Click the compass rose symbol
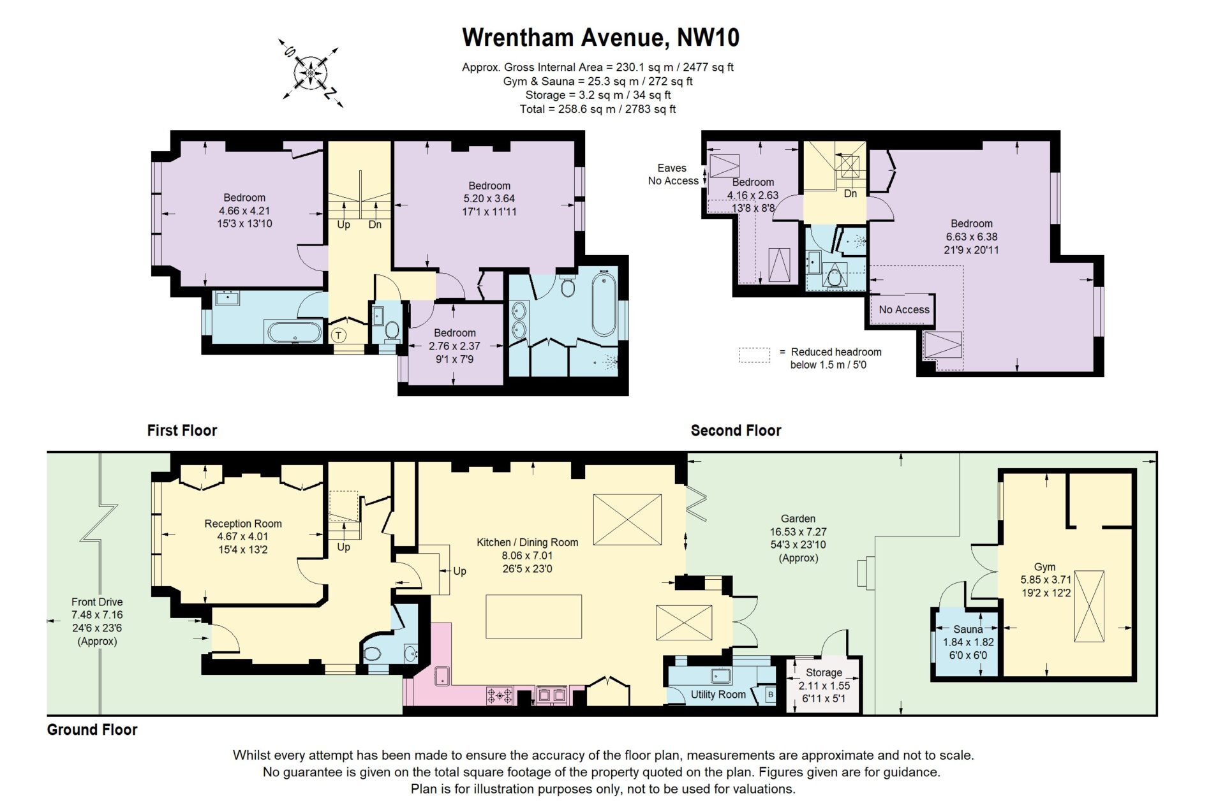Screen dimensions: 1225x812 [311, 72]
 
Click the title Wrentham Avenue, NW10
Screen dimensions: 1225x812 [600, 37]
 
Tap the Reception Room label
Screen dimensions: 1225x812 [243, 524]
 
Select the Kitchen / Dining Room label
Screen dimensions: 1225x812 [527, 542]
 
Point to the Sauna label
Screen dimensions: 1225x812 [968, 629]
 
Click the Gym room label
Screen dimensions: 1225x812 [1044, 566]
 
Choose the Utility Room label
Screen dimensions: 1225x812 [718, 694]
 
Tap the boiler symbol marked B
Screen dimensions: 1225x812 [770, 695]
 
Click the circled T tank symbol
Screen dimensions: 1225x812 [338, 335]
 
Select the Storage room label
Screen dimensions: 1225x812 [824, 672]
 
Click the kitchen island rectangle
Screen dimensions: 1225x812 [534, 616]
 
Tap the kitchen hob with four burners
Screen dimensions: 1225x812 [500, 695]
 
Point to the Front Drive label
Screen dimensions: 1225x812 [97, 602]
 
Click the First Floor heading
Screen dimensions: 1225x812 [182, 431]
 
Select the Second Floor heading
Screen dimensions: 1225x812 [736, 431]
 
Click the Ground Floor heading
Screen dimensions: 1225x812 [92, 730]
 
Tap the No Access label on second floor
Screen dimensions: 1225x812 [904, 309]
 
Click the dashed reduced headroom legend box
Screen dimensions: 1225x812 [754, 355]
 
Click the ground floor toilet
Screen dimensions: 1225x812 [372, 654]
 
